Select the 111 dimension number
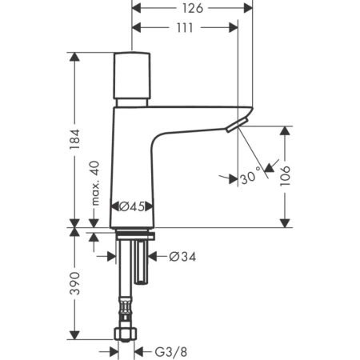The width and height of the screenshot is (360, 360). click(185, 28)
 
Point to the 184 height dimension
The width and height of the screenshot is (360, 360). click(75, 141)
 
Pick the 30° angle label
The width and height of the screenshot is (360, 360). click(250, 178)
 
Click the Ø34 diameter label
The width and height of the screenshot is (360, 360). click(183, 257)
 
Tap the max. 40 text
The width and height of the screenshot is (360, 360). click(95, 183)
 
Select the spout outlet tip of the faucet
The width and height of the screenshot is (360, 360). click(233, 126)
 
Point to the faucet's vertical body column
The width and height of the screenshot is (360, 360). click(133, 160)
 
